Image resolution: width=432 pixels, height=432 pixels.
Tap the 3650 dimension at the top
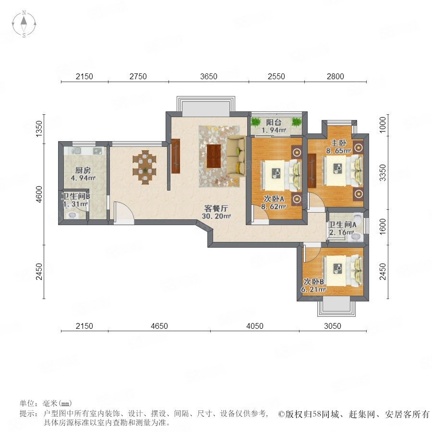(209, 76)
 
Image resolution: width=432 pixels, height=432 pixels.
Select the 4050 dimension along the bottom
(254, 326)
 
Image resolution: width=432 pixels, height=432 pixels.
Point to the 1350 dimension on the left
(39, 129)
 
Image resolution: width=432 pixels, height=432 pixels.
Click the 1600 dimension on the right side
(383, 227)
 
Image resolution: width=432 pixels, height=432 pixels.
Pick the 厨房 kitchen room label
(83, 170)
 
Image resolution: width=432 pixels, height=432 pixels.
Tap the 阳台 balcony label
(274, 122)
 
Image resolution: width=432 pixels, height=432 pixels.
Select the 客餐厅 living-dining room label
(216, 208)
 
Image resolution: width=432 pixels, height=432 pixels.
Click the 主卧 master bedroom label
(338, 143)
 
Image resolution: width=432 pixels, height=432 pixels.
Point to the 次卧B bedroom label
(314, 282)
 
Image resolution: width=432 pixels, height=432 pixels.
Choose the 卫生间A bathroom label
(342, 225)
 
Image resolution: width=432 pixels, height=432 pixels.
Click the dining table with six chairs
(144, 167)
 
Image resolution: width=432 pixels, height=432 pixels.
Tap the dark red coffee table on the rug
(214, 156)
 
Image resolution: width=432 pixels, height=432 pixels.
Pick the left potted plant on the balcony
(256, 122)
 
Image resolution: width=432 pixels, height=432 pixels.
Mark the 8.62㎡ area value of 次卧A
(274, 206)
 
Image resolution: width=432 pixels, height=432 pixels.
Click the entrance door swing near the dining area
(123, 211)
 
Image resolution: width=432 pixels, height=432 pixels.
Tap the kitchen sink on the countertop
(97, 151)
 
